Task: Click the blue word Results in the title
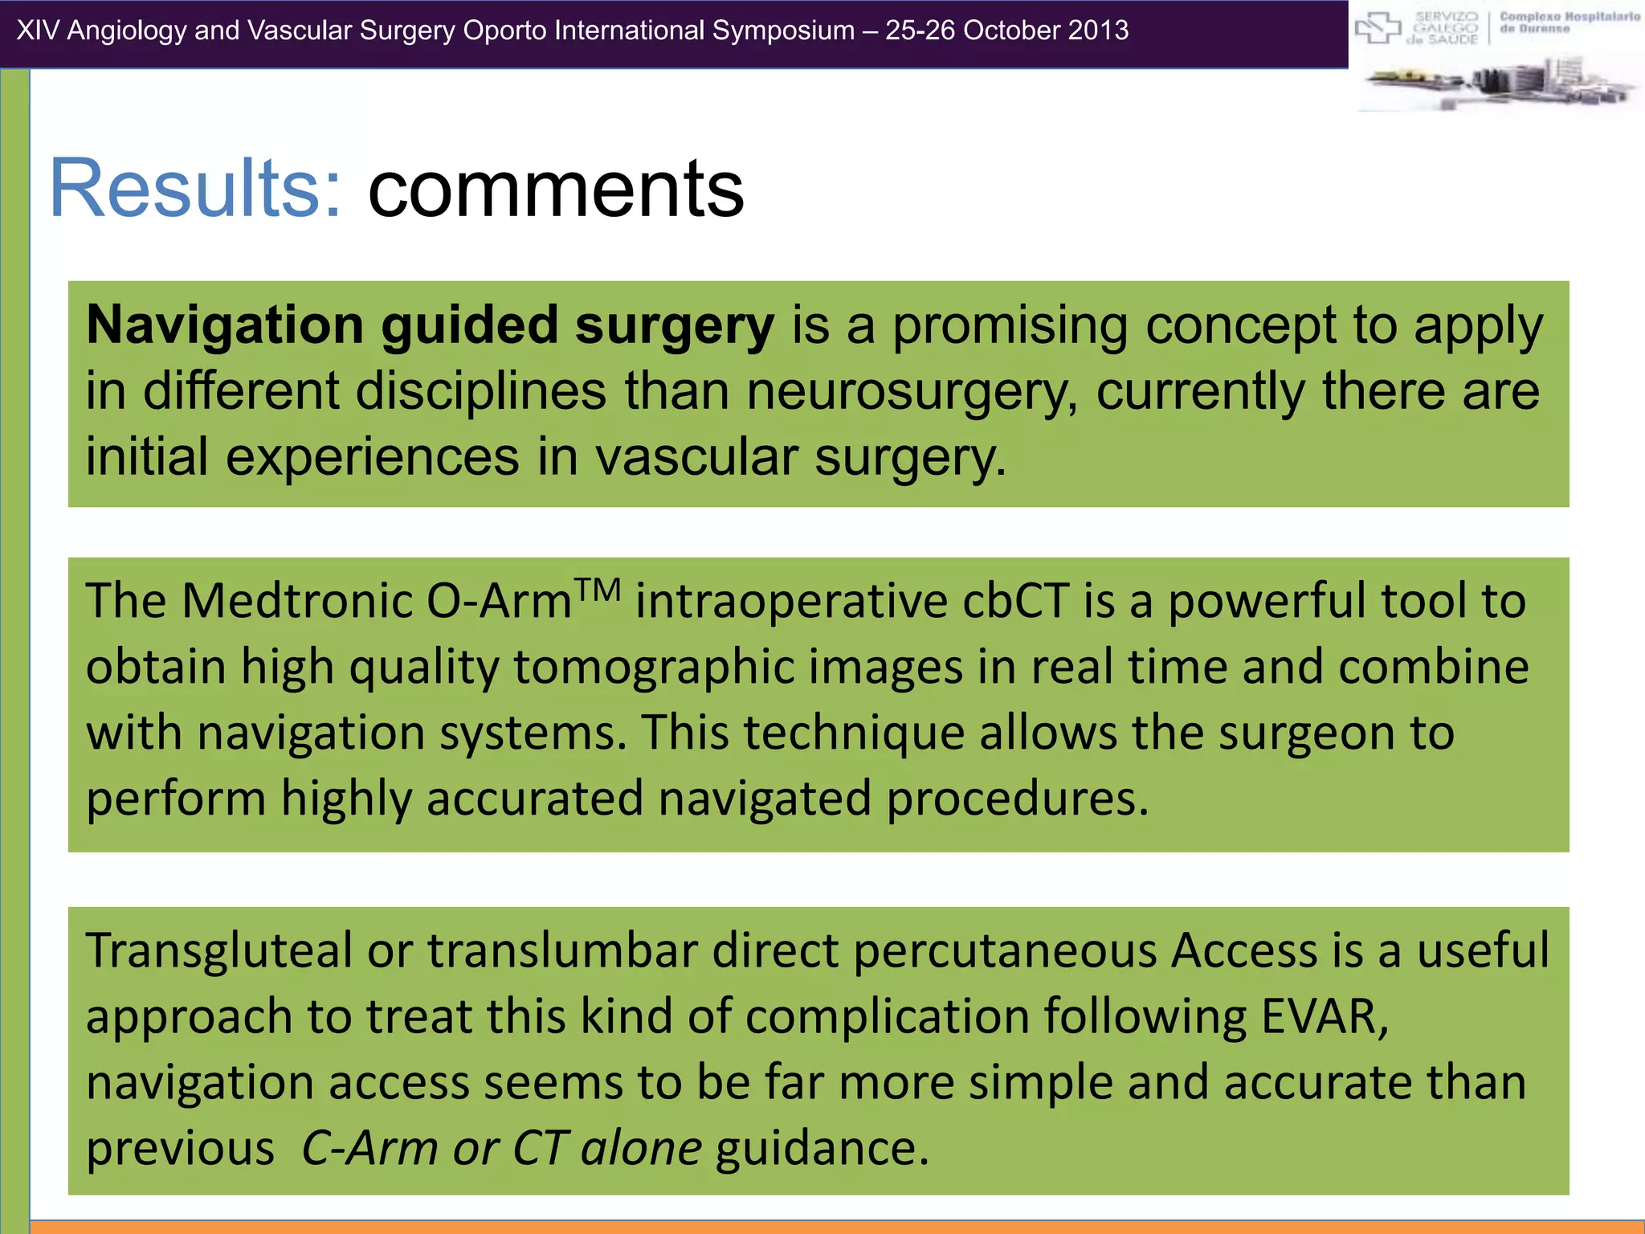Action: click(195, 188)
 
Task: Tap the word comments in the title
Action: click(556, 190)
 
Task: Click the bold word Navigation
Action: click(225, 325)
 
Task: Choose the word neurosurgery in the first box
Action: click(912, 392)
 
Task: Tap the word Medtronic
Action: click(296, 601)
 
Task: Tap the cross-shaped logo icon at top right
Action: click(1378, 29)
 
